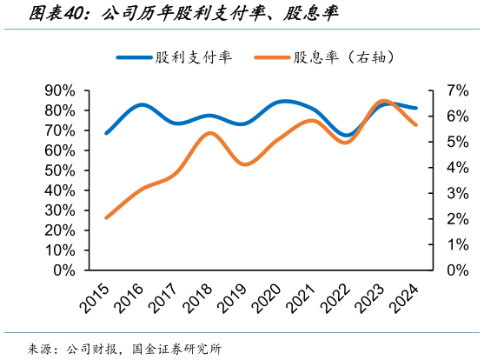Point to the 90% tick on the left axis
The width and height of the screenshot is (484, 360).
click(59, 90)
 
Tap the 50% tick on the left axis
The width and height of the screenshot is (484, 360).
click(59, 170)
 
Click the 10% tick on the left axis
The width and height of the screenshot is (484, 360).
click(59, 250)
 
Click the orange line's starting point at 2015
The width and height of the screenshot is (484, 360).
click(106, 217)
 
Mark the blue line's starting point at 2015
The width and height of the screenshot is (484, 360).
click(106, 133)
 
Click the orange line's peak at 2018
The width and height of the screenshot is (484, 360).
click(209, 133)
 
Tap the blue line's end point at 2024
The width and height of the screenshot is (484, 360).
click(416, 109)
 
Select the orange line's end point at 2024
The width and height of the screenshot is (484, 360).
click(416, 124)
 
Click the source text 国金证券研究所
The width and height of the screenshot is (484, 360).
click(177, 349)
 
